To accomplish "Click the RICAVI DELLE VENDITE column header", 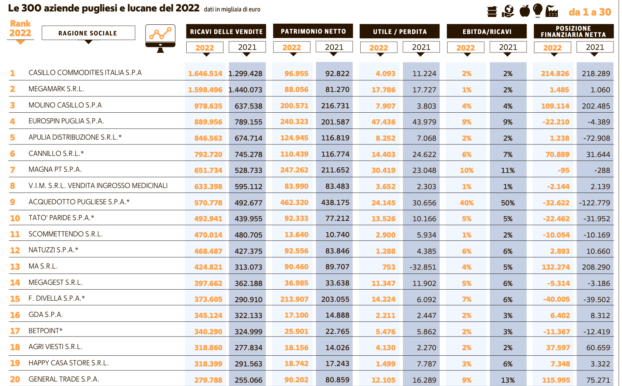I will click(x=226, y=32).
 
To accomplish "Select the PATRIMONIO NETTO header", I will click(x=313, y=31).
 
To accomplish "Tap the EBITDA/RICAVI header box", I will click(x=487, y=32).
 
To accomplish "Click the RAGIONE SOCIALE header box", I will click(x=88, y=33).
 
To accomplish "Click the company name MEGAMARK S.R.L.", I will click(x=57, y=89).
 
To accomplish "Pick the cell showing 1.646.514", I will click(x=205, y=74).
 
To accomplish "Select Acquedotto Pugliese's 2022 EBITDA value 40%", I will click(x=466, y=203).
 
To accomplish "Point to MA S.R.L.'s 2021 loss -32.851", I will click(x=423, y=267).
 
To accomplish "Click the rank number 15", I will click(x=15, y=299).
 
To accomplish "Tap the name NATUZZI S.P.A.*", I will click(x=54, y=250).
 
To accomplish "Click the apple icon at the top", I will click(x=524, y=11).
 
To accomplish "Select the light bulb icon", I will click(x=538, y=10).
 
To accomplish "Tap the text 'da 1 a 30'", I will click(x=589, y=12).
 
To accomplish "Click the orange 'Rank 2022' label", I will click(x=20, y=29).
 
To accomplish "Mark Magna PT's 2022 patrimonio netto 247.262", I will click(x=294, y=170).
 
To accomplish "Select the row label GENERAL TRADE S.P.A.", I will click(x=64, y=379).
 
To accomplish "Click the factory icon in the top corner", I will click(x=552, y=11).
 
